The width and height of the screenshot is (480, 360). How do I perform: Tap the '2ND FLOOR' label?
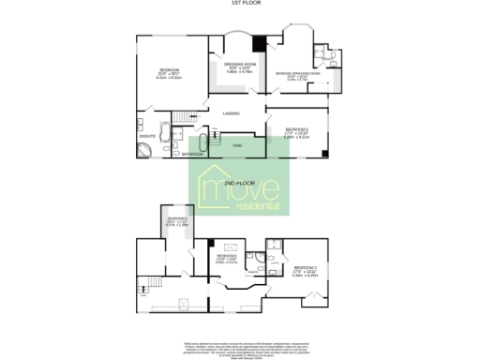(239, 181)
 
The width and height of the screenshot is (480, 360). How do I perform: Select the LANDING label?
(231, 113)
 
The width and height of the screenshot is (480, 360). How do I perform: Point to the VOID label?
(238, 145)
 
